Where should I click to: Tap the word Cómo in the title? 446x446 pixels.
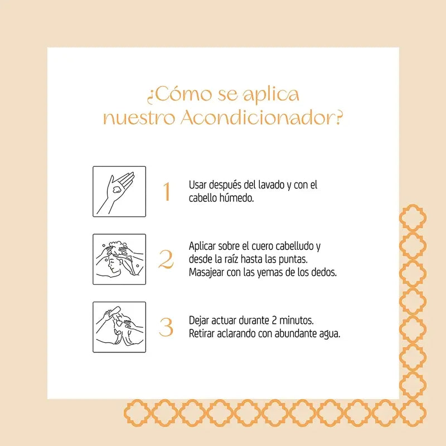pyautogui.click(x=183, y=94)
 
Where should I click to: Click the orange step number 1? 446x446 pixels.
pyautogui.click(x=167, y=191)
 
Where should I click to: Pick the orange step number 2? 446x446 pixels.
pyautogui.click(x=166, y=259)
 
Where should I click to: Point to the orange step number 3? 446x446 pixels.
pyautogui.click(x=166, y=327)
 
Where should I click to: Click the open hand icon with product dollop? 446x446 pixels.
pyautogui.click(x=119, y=191)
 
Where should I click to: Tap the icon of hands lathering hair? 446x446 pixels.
pyautogui.click(x=119, y=259)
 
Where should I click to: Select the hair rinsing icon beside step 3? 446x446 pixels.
pyautogui.click(x=119, y=327)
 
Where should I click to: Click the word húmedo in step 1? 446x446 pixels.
pyautogui.click(x=236, y=198)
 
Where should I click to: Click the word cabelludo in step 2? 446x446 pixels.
pyautogui.click(x=295, y=246)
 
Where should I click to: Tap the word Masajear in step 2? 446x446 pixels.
pyautogui.click(x=206, y=273)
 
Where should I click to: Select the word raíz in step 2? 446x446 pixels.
pyautogui.click(x=231, y=259)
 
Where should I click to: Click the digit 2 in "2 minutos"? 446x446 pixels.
pyautogui.click(x=274, y=321)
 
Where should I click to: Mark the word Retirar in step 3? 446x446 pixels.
pyautogui.click(x=202, y=333)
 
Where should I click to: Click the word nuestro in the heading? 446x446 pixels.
pyautogui.click(x=139, y=118)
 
